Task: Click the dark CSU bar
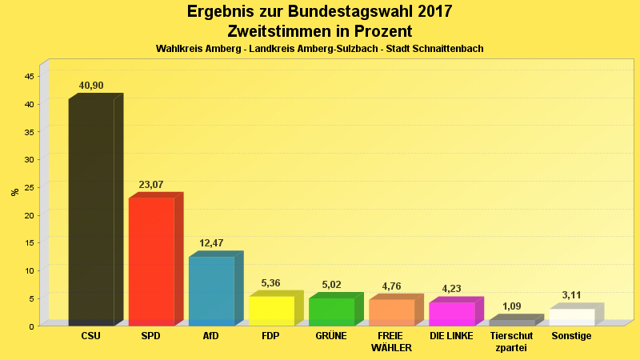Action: coord(91,212)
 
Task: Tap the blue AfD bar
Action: coord(211,291)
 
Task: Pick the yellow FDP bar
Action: coord(271,310)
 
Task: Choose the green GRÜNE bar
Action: coord(331,311)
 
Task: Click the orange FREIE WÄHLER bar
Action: coord(391,312)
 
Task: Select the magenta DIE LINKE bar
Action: coord(451,314)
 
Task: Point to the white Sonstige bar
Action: coord(571,317)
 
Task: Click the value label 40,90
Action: coord(91,86)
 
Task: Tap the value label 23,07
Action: coord(151,185)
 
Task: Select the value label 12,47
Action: coord(211,243)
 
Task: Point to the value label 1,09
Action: coord(511,306)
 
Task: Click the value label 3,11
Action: coord(571,295)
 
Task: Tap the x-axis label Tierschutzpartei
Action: coord(511,342)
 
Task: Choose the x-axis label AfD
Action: coord(211,336)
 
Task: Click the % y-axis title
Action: coord(14,192)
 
